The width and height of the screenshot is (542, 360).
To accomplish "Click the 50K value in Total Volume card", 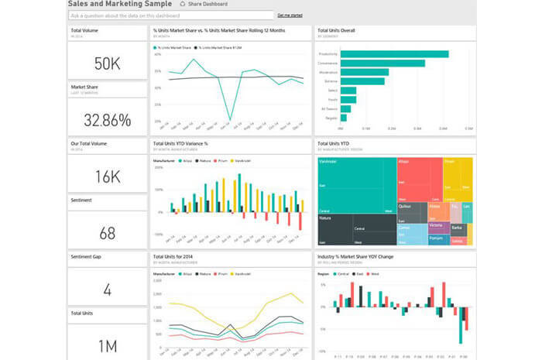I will tap(107, 63).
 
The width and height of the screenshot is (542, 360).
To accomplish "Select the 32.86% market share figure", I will tap(107, 119).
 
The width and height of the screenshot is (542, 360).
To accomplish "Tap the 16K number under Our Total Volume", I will tap(107, 177).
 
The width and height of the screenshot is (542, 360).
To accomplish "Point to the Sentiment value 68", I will tap(107, 232).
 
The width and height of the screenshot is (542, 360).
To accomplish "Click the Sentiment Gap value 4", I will tap(107, 290).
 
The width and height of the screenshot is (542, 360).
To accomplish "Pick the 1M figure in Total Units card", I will tap(107, 345).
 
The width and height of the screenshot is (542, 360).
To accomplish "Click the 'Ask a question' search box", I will tap(170, 15).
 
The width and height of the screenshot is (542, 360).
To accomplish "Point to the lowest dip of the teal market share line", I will tap(230, 119).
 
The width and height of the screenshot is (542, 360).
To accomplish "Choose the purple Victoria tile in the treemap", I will tap(436, 226).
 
